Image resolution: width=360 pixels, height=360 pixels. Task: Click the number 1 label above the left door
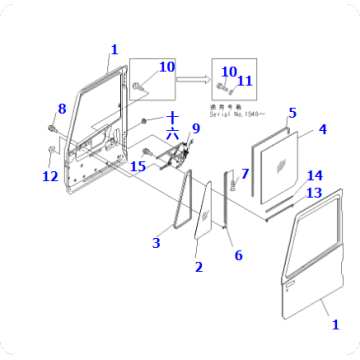(x=114, y=48)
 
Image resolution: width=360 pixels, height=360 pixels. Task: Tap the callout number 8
(x=61, y=108)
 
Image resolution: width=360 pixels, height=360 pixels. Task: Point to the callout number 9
(x=196, y=128)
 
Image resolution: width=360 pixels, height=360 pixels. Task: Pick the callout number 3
(x=155, y=242)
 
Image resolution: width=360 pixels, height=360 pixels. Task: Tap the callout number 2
(x=198, y=267)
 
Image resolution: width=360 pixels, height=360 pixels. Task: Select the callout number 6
(x=238, y=256)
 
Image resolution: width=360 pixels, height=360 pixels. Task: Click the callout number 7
(x=245, y=174)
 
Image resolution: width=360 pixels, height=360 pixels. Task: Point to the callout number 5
(x=292, y=113)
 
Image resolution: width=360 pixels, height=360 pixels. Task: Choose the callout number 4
(x=322, y=128)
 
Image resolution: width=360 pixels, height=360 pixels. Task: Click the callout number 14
(x=314, y=176)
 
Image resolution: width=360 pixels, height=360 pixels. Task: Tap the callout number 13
(x=314, y=193)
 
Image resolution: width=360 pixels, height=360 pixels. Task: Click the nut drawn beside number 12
(x=51, y=151)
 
